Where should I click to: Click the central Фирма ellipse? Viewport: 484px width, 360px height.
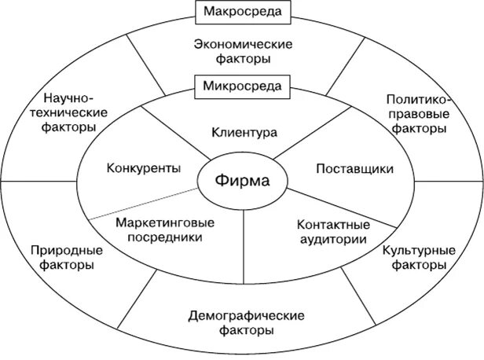(242, 182)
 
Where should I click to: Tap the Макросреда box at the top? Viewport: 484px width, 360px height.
(241, 12)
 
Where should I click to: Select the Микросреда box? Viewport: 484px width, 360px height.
(241, 84)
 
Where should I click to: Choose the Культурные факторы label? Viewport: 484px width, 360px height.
(418, 259)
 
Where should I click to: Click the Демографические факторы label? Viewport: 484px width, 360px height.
(246, 322)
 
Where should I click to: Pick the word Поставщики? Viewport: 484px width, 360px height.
(354, 169)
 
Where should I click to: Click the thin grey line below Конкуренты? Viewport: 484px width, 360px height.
(141, 204)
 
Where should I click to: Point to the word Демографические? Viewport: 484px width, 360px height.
(246, 315)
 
